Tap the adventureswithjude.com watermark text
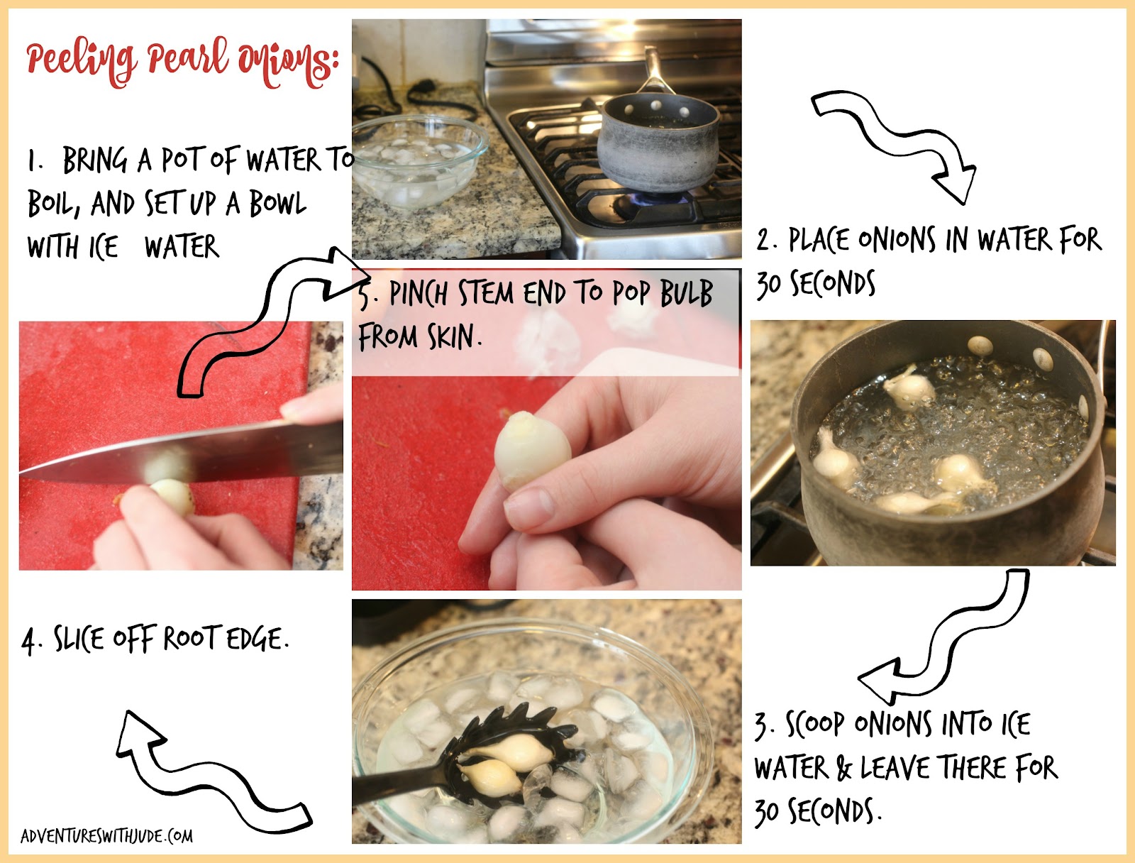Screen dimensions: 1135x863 pyautogui.click(x=106, y=836)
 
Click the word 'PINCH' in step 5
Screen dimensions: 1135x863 pyautogui.click(x=418, y=294)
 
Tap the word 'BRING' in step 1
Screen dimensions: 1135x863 pyautogui.click(x=95, y=160)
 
